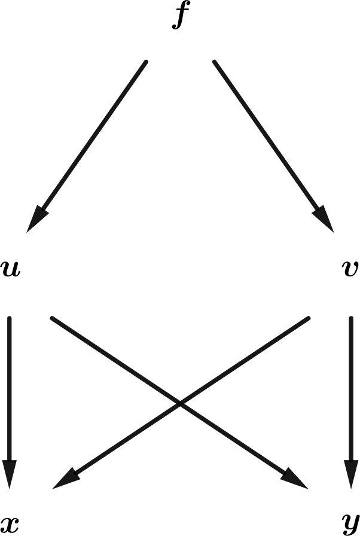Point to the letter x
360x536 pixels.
point(10,525)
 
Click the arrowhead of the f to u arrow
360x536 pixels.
point(36,219)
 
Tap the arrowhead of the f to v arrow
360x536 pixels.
point(324,219)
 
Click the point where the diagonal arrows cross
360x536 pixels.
point(180,404)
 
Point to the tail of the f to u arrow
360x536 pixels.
point(145,62)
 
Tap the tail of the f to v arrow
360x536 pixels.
point(215,62)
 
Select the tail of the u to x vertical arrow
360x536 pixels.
point(10,318)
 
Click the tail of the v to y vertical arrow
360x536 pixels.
point(351,318)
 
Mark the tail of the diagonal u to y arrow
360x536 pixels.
point(52,318)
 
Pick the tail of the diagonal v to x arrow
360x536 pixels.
point(309,318)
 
